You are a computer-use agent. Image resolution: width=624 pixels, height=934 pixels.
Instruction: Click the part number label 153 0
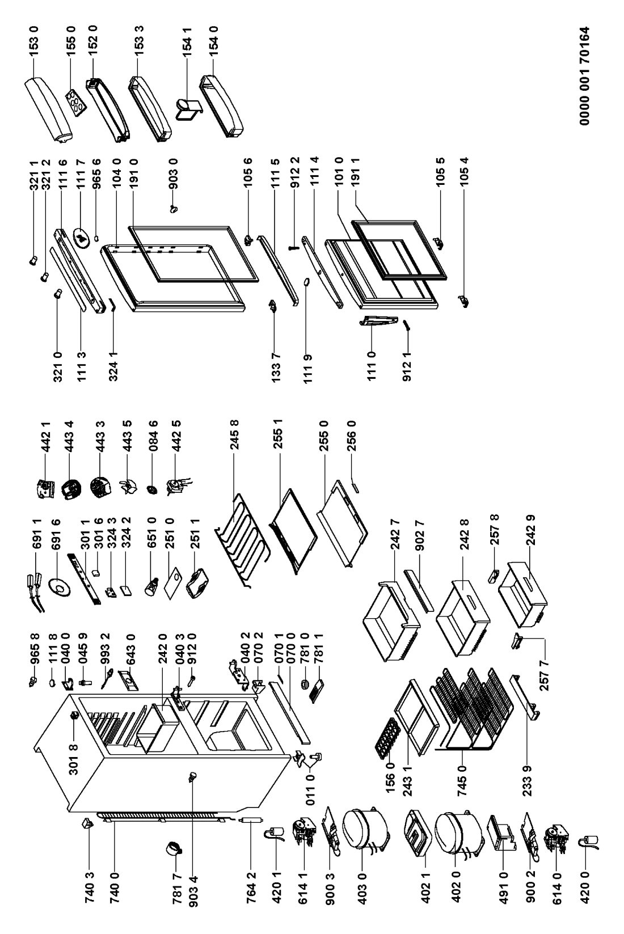pyautogui.click(x=34, y=40)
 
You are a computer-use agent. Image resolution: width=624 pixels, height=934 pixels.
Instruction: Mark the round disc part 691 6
pyautogui.click(x=59, y=587)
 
